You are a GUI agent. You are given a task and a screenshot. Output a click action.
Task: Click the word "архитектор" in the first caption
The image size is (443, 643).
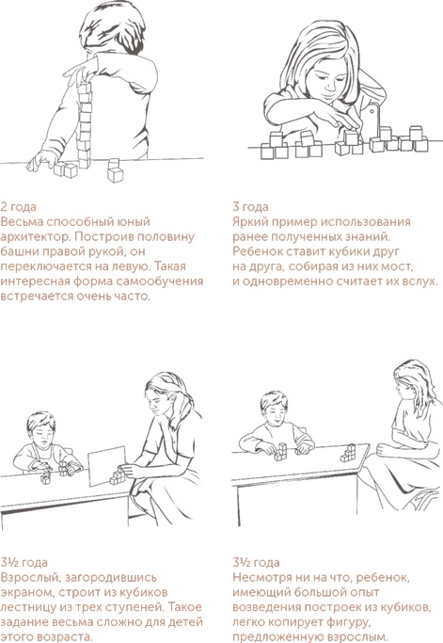pyautogui.click(x=36, y=237)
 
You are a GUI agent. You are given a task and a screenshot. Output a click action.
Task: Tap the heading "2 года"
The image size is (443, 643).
pyautogui.click(x=18, y=207)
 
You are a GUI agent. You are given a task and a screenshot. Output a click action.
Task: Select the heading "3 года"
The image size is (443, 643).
pyautogui.click(x=250, y=207)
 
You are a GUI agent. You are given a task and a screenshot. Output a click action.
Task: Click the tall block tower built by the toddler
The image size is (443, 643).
pyautogui.click(x=85, y=125)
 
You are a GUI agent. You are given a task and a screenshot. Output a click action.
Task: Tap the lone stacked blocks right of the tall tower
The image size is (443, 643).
pyautogui.click(x=115, y=170)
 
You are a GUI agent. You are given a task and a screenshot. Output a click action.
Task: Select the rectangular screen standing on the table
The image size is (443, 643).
pyautogui.click(x=107, y=465)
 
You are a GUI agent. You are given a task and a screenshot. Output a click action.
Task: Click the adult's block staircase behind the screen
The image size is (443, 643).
pyautogui.click(x=118, y=475)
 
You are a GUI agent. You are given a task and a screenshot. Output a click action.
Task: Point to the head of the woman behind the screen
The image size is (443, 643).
pyautogui.click(x=164, y=394)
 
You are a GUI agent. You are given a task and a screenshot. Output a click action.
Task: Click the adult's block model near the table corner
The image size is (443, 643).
pyautogui.click(x=347, y=453)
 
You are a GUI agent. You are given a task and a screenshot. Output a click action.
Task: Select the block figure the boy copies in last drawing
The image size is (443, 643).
pyautogui.click(x=280, y=452)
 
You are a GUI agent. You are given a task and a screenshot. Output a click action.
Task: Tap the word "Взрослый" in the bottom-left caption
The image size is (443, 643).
pyautogui.click(x=28, y=578)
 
